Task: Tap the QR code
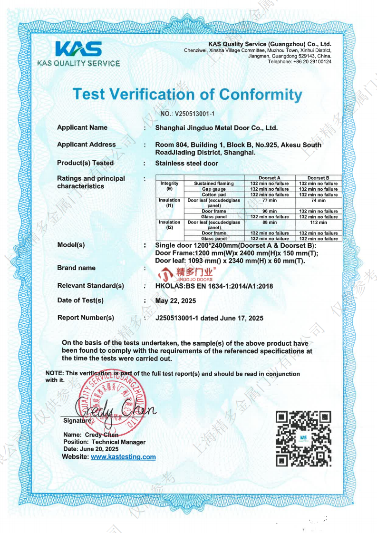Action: (x=303, y=438)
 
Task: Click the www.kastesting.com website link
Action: (x=123, y=457)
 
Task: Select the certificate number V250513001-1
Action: (x=195, y=114)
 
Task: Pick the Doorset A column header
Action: (x=269, y=178)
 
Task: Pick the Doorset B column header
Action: (x=318, y=178)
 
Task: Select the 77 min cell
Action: (x=269, y=201)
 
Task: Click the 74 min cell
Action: (x=318, y=201)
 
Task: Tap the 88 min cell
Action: (x=269, y=223)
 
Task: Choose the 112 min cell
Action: (x=318, y=223)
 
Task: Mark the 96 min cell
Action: (x=269, y=211)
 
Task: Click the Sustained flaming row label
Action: (x=214, y=184)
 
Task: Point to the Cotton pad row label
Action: (x=214, y=195)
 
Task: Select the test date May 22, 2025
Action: (x=175, y=301)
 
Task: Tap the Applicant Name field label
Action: (x=82, y=127)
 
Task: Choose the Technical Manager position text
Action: (x=118, y=442)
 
